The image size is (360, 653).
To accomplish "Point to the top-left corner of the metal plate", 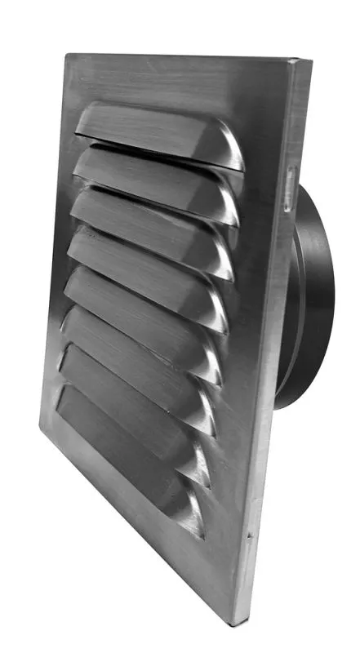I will tap(66, 56).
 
